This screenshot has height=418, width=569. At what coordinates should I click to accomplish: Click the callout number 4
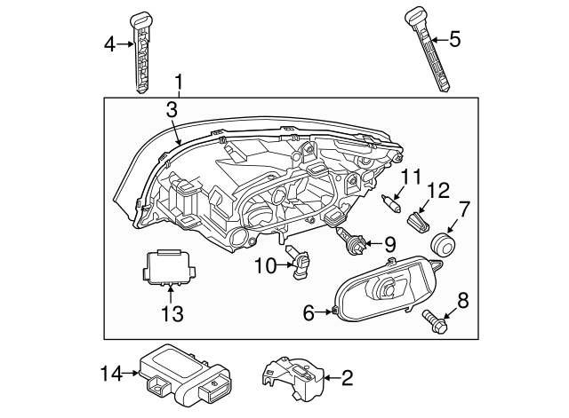tap(109, 45)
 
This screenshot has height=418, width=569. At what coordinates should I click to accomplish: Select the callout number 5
tap(454, 39)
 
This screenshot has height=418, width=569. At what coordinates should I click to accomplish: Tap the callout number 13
tap(172, 313)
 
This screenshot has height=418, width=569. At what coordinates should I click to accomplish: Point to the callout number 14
tap(111, 374)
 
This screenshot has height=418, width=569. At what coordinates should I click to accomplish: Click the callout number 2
tap(347, 378)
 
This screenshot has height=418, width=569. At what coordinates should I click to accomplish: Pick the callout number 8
tap(463, 301)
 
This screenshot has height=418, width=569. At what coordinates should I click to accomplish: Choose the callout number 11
tap(411, 177)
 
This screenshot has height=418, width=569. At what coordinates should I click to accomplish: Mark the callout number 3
tap(172, 110)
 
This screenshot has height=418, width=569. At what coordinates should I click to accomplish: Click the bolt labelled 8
tap(435, 321)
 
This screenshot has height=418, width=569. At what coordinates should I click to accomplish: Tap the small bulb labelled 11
tap(391, 203)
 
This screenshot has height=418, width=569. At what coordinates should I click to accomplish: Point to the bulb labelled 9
tap(351, 241)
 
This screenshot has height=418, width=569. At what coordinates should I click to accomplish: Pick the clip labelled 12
tap(419, 222)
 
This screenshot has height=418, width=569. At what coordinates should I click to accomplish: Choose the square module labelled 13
tap(168, 267)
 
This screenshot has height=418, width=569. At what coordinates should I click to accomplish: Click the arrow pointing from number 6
tap(324, 312)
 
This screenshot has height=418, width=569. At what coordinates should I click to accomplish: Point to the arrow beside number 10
tap(284, 265)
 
